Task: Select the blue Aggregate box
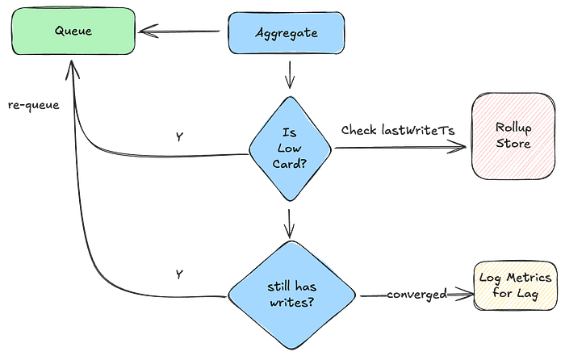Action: (287, 33)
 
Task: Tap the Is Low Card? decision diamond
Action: (290, 149)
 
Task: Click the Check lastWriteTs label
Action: (393, 130)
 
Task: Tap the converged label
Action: (416, 295)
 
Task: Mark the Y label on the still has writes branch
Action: (178, 274)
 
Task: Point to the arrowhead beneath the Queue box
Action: (72, 73)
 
